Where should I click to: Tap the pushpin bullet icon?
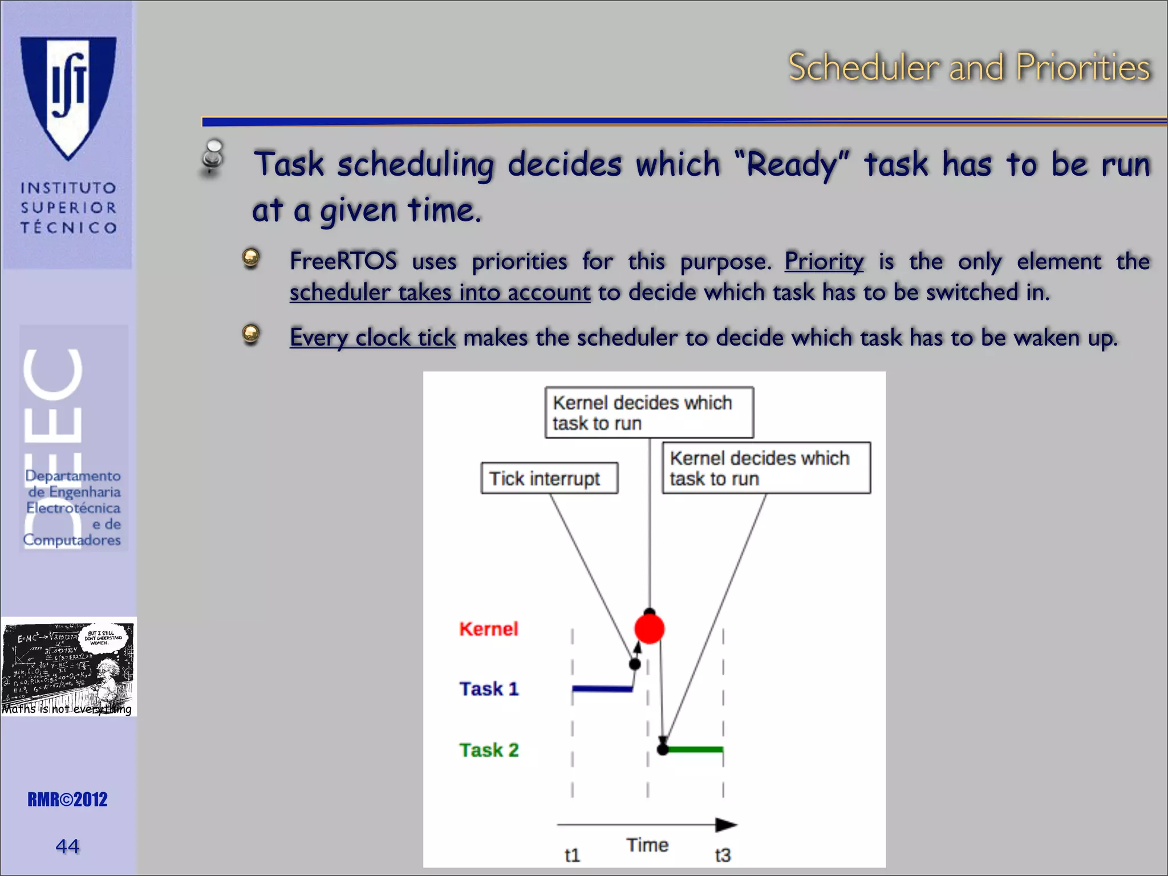point(213,156)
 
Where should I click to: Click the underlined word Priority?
point(824,262)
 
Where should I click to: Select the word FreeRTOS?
point(343,262)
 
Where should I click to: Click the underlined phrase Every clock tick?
point(372,338)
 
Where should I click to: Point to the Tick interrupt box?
point(549,478)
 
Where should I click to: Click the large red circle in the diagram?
point(650,628)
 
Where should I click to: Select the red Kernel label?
point(489,628)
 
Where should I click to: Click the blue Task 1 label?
point(489,689)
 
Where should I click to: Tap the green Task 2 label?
point(489,750)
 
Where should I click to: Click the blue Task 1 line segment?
point(602,690)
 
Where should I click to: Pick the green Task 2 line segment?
point(695,749)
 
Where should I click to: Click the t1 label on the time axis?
point(572,855)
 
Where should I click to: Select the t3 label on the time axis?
point(723,855)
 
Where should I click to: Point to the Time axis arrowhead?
point(725,825)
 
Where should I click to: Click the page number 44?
point(67,846)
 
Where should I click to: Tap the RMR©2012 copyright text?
point(67,800)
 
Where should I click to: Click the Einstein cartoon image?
point(68,666)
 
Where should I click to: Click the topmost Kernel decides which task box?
point(649,412)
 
